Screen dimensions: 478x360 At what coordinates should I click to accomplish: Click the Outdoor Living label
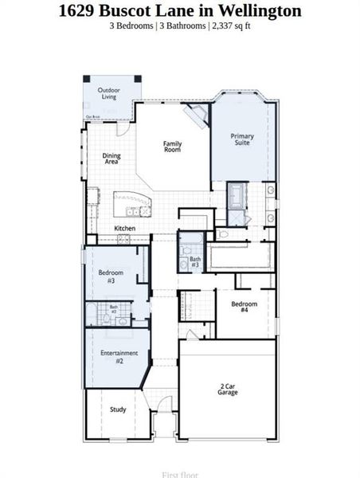click(x=109, y=94)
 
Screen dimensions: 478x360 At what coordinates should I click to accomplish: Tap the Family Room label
click(x=172, y=147)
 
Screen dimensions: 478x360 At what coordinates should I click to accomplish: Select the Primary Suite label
click(x=242, y=139)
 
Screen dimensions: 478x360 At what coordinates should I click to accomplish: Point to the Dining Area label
click(x=112, y=159)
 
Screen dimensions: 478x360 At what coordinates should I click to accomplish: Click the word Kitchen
click(x=125, y=229)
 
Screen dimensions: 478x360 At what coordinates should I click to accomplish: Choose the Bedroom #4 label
click(x=244, y=307)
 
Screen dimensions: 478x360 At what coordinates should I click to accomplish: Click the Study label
click(x=118, y=409)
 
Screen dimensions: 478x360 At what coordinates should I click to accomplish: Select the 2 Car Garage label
click(x=228, y=390)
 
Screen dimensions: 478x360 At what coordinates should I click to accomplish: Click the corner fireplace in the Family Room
click(x=194, y=117)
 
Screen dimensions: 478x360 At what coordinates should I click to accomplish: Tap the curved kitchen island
click(x=131, y=203)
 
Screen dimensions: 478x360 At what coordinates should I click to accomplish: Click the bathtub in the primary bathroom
click(x=237, y=195)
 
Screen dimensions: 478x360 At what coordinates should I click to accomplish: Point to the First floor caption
click(x=179, y=474)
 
